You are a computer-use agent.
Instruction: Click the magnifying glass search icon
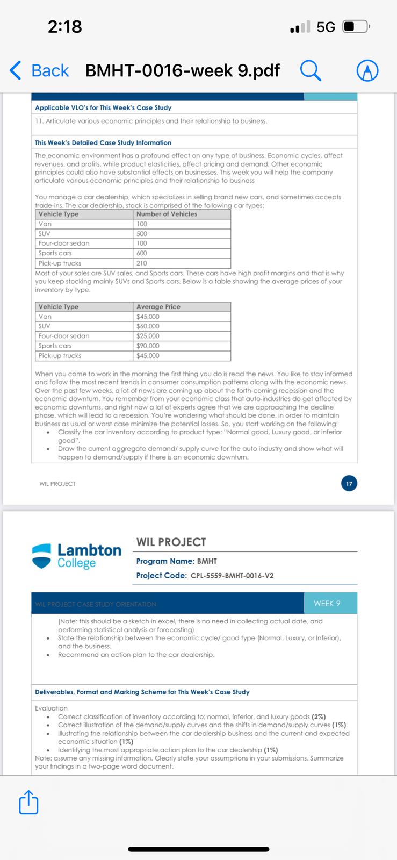point(311,70)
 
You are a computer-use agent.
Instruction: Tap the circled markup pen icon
point(367,70)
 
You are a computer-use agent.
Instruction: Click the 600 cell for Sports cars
point(142,253)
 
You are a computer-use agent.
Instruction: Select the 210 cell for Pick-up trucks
point(142,263)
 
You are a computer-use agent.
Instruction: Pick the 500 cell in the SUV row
point(142,234)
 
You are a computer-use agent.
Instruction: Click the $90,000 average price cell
point(148,346)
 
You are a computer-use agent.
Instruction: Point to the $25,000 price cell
point(148,336)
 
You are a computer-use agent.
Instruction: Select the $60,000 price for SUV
point(148,326)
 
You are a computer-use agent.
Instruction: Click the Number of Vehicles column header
point(167,214)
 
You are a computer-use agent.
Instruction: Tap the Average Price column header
point(158,306)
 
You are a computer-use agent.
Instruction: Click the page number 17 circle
point(349,484)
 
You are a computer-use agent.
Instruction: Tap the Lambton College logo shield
point(42,556)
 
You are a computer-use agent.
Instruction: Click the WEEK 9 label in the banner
point(327,604)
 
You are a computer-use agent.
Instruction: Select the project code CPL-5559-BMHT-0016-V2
point(232,576)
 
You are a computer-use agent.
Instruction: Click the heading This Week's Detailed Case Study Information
point(103,142)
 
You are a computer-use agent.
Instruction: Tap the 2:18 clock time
point(65,26)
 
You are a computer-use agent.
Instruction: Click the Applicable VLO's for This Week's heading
point(103,107)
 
